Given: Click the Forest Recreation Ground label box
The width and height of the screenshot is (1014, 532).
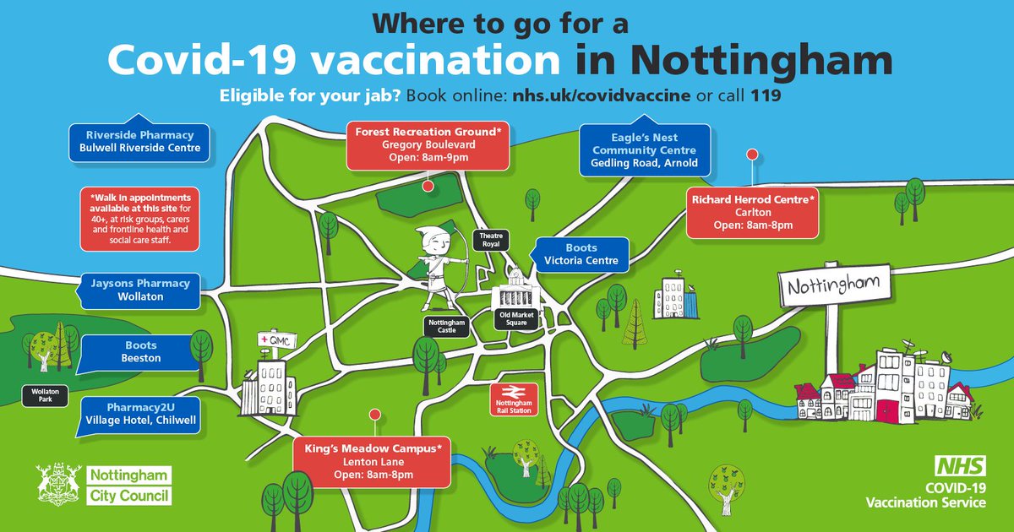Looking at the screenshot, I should pos(428,144).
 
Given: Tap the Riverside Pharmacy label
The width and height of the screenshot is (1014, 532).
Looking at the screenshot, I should pos(139,141).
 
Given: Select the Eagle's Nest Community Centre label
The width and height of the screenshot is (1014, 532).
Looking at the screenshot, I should pos(644,149).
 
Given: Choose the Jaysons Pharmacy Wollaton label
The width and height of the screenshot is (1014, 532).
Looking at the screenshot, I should pos(140,290).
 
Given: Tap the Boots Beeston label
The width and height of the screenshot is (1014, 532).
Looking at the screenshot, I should pos(140,351).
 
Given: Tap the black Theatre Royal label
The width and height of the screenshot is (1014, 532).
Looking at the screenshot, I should pos(491,240).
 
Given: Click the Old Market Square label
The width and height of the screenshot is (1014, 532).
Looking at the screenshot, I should pos(517,320).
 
